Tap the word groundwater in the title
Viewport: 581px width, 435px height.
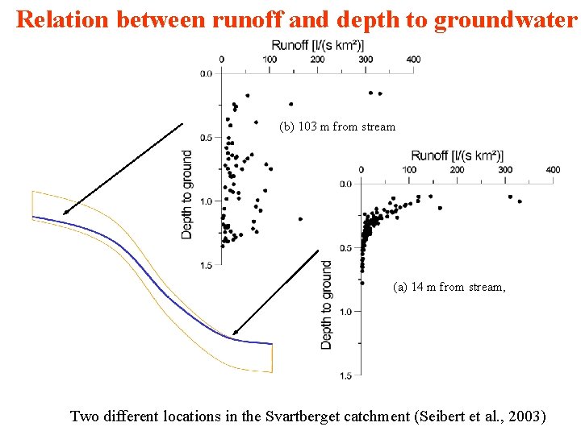(x=506, y=19)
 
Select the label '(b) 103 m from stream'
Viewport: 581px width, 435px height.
(x=337, y=126)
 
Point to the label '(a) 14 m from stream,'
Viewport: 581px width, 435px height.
(x=449, y=287)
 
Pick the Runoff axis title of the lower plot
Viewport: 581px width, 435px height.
(x=457, y=155)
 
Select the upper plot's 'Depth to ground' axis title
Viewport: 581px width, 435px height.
(x=187, y=194)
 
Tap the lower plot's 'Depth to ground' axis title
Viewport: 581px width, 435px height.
(x=327, y=304)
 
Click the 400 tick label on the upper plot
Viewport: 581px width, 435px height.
(x=413, y=59)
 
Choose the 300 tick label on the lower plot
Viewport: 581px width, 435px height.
(x=505, y=170)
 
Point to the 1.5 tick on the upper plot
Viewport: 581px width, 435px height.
(x=206, y=264)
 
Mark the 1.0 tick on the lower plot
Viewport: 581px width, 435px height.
(x=345, y=311)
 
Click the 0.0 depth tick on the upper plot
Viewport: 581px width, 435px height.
(x=206, y=73)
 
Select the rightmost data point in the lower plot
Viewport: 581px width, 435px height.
(x=520, y=201)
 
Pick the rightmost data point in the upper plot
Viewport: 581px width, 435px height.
(x=379, y=93)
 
